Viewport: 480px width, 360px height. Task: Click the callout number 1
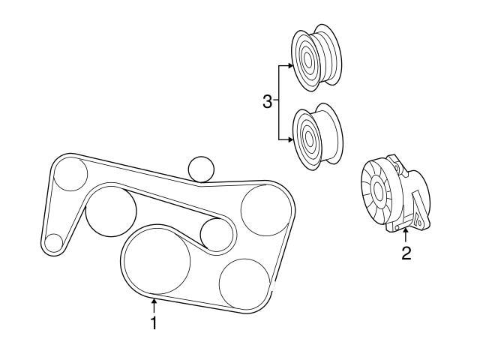pos(154,323)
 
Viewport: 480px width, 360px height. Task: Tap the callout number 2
pos(406,253)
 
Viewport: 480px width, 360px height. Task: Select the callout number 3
pos(267,102)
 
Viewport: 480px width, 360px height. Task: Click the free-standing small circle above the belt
pos(201,169)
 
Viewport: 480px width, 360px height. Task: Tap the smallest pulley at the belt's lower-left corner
pos(53,242)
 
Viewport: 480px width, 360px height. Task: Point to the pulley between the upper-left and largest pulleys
pos(111,211)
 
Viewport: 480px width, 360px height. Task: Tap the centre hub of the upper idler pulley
pos(307,57)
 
